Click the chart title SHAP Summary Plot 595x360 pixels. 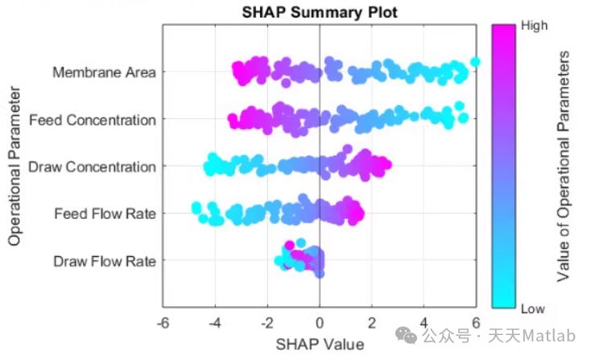tap(320, 12)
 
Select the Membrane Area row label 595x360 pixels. tap(104, 72)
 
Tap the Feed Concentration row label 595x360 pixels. tap(93, 120)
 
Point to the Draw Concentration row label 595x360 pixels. tap(92, 167)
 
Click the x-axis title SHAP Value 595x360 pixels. tap(320, 344)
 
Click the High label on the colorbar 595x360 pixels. tap(535, 25)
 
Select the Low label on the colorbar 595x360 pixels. tap(533, 308)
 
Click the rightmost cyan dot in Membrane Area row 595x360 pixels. tap(475, 62)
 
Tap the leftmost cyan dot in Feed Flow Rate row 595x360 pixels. tap(196, 208)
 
